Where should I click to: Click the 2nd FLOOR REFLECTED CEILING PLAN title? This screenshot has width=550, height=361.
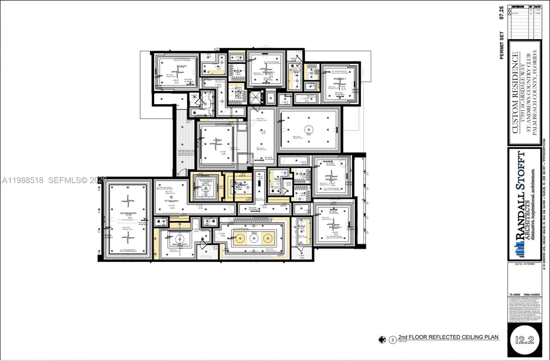[x=448, y=337]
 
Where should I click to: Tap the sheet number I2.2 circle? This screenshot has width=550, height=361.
[x=525, y=340]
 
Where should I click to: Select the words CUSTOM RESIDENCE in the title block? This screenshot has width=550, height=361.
[x=515, y=93]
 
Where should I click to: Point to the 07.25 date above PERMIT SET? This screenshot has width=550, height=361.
[x=502, y=13]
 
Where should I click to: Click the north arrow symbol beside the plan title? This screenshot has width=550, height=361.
[x=382, y=340]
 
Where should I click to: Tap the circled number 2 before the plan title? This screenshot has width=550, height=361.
[x=393, y=340]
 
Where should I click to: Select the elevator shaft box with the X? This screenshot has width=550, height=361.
[x=255, y=97]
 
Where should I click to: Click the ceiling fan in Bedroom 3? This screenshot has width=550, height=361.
[x=266, y=70]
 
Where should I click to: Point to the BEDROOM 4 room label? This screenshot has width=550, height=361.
[x=340, y=79]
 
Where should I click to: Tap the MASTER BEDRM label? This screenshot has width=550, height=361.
[x=128, y=213]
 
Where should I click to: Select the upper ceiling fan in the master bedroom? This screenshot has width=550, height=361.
[x=128, y=201]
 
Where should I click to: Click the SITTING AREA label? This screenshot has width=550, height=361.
[x=171, y=201]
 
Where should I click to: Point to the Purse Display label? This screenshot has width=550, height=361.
[x=206, y=181]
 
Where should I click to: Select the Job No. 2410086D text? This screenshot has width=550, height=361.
[x=524, y=264]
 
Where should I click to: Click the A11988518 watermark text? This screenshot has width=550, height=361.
[x=23, y=180]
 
